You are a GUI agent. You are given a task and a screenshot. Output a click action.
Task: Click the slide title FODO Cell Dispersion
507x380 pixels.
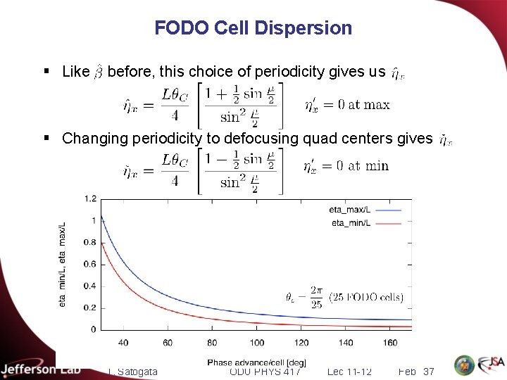[253, 28]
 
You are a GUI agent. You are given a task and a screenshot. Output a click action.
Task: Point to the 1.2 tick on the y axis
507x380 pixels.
[89, 198]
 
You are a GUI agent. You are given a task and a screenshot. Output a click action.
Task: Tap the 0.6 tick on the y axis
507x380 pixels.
[89, 264]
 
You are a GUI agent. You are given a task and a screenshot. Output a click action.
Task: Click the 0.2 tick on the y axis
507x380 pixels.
[89, 308]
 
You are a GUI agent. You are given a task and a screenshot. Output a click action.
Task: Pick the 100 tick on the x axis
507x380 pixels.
[256, 343]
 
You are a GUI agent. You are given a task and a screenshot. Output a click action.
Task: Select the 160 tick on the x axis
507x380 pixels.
[389, 343]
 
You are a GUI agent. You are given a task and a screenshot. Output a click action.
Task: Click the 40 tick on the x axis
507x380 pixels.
[123, 343]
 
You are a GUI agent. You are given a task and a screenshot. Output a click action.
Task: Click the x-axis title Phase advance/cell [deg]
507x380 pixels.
[256, 362]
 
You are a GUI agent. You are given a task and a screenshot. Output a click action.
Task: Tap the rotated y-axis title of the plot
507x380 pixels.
[63, 263]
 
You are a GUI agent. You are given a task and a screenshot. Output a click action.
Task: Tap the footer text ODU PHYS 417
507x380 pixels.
[265, 371]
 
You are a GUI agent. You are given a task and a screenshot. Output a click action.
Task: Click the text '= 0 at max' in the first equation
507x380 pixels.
[356, 105]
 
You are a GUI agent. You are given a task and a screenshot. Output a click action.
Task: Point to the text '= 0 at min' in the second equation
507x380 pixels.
[356, 166]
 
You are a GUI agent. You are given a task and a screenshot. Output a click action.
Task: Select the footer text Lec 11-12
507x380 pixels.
[350, 371]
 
